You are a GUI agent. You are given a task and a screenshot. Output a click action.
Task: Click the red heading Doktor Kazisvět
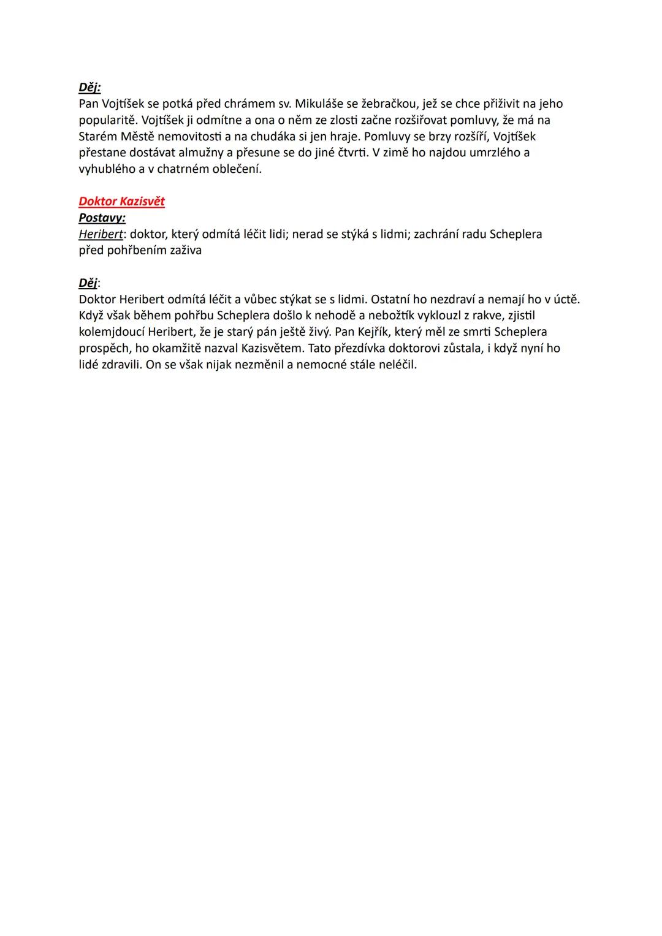click(x=121, y=202)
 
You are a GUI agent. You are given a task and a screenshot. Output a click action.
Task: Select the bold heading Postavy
click(x=102, y=218)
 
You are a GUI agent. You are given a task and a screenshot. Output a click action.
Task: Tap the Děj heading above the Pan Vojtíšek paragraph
click(x=89, y=88)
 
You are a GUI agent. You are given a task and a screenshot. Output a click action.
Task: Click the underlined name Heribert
click(x=101, y=234)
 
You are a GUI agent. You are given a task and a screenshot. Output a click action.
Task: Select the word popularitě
click(x=108, y=120)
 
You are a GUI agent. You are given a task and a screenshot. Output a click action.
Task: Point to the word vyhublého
click(x=107, y=169)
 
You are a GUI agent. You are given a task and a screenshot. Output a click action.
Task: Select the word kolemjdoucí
click(x=111, y=332)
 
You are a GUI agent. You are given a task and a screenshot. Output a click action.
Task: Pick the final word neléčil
click(x=395, y=365)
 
